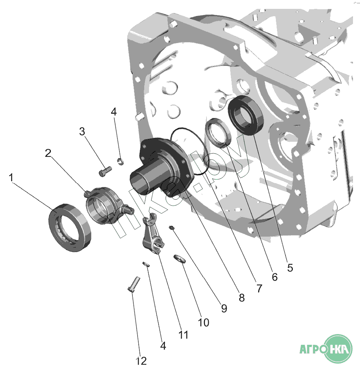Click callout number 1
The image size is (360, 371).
click(12, 178)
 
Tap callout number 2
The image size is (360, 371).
click(48, 153)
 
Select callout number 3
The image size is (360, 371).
click(82, 131)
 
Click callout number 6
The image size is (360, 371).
click(274, 276)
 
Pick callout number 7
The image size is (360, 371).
click(259, 288)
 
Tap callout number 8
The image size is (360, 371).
click(242, 298)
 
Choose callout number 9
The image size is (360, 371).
click(224, 308)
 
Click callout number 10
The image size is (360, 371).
click(203, 322)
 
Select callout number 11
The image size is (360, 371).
click(183, 334)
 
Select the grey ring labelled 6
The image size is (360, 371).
click(219, 131)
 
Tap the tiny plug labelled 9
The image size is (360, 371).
click(172, 228)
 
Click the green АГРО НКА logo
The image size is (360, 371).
click(325, 349)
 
